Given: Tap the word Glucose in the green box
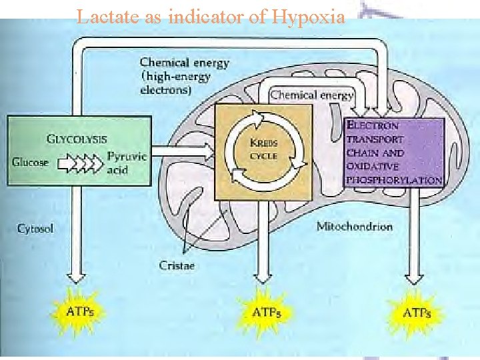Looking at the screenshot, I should [30, 161].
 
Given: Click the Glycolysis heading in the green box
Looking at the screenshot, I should [77, 139].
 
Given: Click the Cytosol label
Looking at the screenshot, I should [35, 228].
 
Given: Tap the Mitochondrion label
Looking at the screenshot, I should [354, 226].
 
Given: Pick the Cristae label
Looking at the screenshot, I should [177, 265].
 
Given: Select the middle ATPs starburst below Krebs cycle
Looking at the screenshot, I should [266, 312].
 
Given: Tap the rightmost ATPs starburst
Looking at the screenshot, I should [417, 312].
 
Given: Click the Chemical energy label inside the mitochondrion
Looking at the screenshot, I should [311, 95].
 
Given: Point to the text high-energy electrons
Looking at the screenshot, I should [175, 83].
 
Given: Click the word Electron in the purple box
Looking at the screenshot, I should [373, 125].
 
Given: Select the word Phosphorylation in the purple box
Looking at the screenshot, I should [393, 180].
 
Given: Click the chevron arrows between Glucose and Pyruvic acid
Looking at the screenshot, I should [81, 162].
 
